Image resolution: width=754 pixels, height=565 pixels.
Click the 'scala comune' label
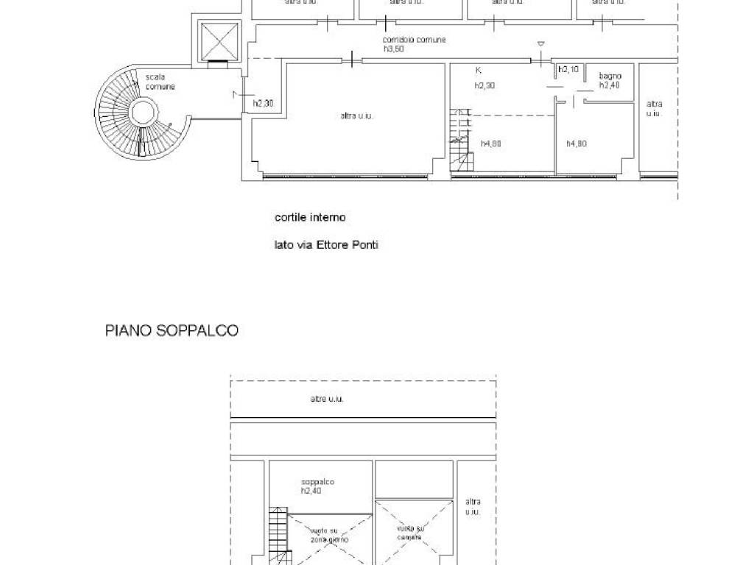160,82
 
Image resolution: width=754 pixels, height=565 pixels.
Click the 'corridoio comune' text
414,40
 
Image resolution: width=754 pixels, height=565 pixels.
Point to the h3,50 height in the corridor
394,49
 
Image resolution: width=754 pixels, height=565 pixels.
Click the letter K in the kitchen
479,71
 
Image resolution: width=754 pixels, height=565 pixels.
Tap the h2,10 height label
568,69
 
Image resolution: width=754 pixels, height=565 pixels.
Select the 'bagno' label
610,76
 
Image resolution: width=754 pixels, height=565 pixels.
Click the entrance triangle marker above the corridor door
541,44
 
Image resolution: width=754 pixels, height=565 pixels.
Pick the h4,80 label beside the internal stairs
491,143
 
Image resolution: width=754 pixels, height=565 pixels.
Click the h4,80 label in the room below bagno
577,143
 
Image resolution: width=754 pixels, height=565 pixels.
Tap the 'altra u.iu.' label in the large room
356,116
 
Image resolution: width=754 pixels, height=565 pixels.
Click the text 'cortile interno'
310,217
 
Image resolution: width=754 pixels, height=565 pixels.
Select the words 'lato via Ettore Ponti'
326,245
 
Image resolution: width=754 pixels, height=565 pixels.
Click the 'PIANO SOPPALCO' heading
172,331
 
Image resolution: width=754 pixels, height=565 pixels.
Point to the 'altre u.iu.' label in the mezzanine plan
327,399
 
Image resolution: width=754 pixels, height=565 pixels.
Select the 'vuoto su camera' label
411,533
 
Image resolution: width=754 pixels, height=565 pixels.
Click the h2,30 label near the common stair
264,104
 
